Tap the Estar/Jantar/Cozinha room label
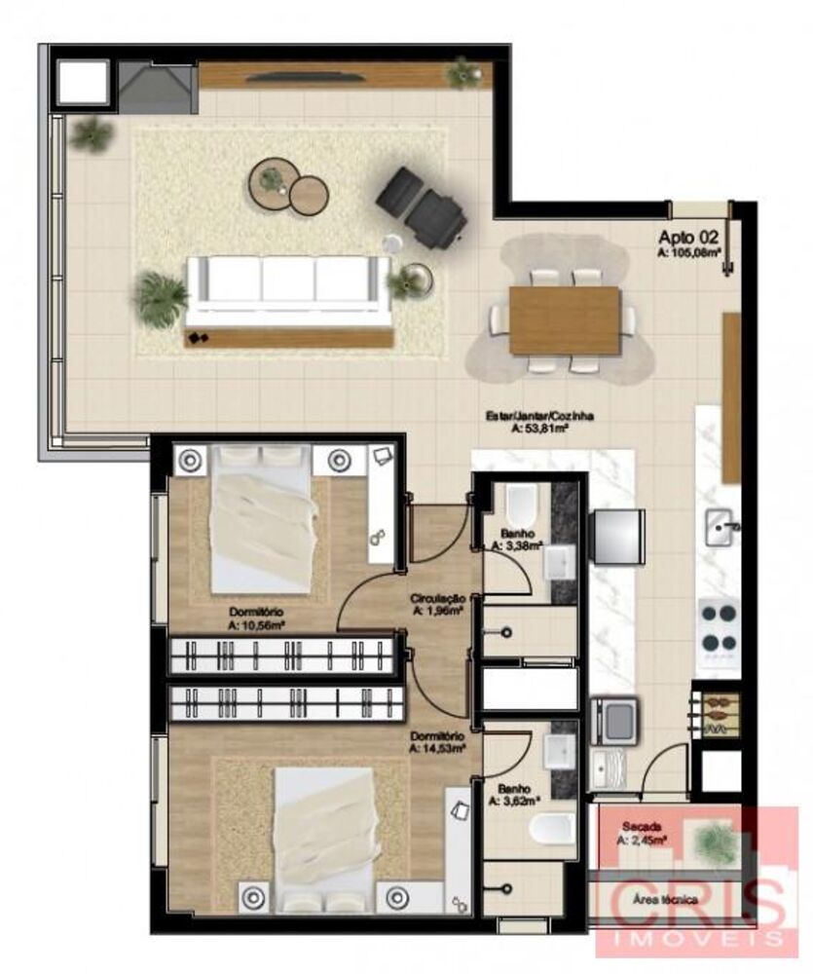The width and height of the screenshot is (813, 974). [x=540, y=420]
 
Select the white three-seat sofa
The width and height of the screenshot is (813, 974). [x=288, y=289]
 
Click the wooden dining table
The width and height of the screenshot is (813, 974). [x=565, y=319]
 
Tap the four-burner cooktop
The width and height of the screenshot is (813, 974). [x=720, y=627]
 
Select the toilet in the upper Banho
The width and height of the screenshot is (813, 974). [x=521, y=506]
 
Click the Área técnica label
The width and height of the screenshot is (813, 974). [x=664, y=900]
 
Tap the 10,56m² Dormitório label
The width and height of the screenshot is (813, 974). [x=255, y=618]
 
